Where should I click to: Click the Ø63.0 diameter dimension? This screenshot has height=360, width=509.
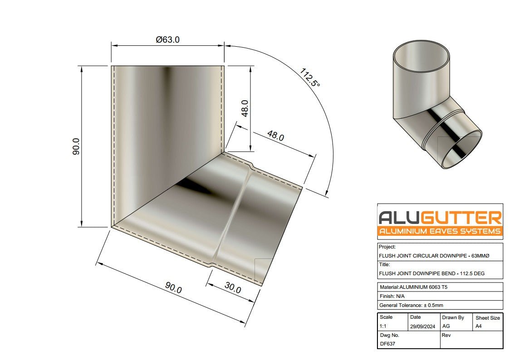click(167, 40)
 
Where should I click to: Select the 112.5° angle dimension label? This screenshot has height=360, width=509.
click(309, 78)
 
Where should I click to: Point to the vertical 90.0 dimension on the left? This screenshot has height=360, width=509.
click(76, 146)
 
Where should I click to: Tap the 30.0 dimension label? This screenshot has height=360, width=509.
click(232, 288)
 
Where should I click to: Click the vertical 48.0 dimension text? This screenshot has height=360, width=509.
click(245, 109)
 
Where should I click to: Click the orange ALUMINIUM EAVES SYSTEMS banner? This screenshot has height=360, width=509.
click(440, 231)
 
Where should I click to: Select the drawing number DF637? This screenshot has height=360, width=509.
click(387, 344)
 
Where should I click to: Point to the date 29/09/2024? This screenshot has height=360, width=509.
click(423, 326)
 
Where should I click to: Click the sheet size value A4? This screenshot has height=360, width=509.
click(479, 326)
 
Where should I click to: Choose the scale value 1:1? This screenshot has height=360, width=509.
click(383, 326)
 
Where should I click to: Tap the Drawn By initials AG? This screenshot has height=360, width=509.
click(446, 326)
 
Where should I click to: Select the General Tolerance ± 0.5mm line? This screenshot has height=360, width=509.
click(411, 305)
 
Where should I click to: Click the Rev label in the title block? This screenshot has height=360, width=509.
click(445, 335)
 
